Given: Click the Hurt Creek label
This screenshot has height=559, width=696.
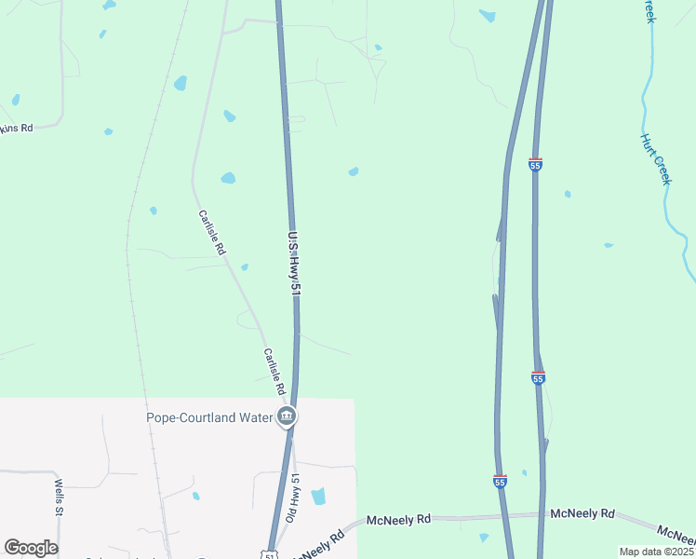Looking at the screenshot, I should point(654,158).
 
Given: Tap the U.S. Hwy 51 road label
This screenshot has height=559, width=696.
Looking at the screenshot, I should point(294,264).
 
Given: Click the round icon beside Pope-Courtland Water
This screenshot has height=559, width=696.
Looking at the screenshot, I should point(287,416).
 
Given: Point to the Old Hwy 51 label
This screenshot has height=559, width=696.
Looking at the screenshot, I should point(294,502).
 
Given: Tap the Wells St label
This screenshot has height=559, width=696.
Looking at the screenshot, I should point(58,498).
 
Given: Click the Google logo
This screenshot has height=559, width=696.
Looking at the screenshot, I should point(31,548).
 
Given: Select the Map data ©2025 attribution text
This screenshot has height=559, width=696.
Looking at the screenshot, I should point(656,552).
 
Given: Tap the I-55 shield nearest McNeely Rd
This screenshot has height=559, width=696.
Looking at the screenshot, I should point(500,481).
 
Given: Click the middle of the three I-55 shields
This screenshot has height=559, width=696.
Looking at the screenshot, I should point(538,377).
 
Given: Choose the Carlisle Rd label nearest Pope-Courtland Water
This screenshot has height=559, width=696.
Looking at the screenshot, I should point(274,365).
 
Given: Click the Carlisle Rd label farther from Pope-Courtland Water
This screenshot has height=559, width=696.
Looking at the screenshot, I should point(212,233).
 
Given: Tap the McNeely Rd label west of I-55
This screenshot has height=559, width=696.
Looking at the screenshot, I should point(398,519).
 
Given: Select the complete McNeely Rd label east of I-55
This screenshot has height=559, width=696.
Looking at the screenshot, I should point(582,513).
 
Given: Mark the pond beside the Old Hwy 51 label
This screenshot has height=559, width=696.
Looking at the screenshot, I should point(318,496).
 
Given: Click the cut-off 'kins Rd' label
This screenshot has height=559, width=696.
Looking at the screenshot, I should point(17,128).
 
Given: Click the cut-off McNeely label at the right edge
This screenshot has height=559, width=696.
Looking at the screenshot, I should point(677,533).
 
